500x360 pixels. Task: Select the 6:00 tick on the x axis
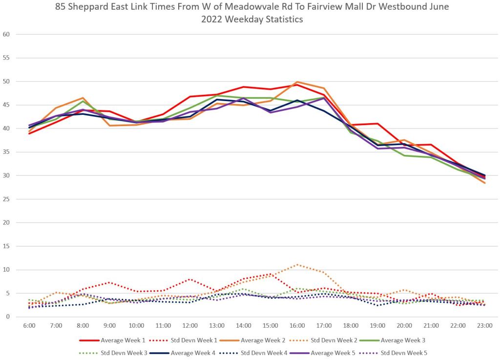(29, 325)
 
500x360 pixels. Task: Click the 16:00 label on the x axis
(297, 325)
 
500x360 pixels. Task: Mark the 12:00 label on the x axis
(190, 325)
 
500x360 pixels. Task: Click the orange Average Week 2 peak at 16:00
(297, 82)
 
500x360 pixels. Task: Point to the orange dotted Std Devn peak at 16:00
(297, 265)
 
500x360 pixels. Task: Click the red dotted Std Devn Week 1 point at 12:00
(190, 279)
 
